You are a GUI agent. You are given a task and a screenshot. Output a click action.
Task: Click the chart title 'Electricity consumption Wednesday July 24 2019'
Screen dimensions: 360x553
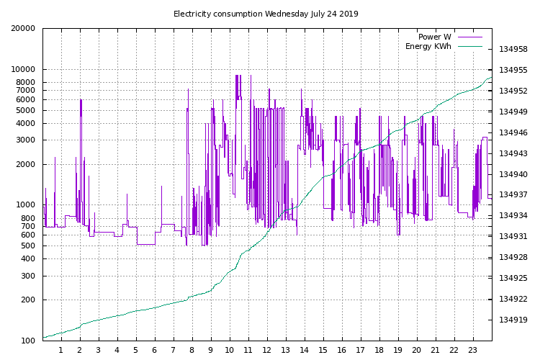266,14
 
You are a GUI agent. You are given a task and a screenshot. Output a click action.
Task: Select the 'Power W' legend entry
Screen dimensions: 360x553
435,37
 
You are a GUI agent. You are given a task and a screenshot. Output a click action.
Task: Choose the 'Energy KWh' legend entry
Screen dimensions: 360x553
428,47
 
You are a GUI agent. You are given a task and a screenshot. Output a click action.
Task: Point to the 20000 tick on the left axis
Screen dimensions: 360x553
24,29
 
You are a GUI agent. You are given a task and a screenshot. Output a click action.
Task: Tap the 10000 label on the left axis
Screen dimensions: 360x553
24,70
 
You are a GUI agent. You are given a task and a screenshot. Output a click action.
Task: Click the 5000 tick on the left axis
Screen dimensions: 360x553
27,111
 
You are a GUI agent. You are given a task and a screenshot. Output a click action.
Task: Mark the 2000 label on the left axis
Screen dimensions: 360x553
27,165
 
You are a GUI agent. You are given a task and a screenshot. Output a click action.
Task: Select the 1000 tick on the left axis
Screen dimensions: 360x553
27,205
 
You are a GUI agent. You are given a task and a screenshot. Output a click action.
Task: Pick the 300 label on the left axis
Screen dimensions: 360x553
29,276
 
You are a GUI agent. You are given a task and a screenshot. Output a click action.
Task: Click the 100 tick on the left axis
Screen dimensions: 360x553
29,341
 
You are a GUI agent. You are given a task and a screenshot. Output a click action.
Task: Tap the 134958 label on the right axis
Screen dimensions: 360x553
513,50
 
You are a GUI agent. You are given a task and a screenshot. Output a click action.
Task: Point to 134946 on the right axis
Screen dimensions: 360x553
513,133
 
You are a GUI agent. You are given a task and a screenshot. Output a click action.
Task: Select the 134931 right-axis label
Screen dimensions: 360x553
513,237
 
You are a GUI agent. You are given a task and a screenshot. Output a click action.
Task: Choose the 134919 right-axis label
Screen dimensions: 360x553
513,320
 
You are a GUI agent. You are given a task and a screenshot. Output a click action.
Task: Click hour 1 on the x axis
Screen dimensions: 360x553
61,351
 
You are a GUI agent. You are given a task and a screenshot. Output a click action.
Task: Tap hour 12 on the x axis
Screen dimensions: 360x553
267,351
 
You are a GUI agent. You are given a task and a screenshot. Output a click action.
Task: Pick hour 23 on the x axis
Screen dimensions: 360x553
473,351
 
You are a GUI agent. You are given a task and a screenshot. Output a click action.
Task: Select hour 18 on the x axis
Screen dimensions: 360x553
379,351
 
